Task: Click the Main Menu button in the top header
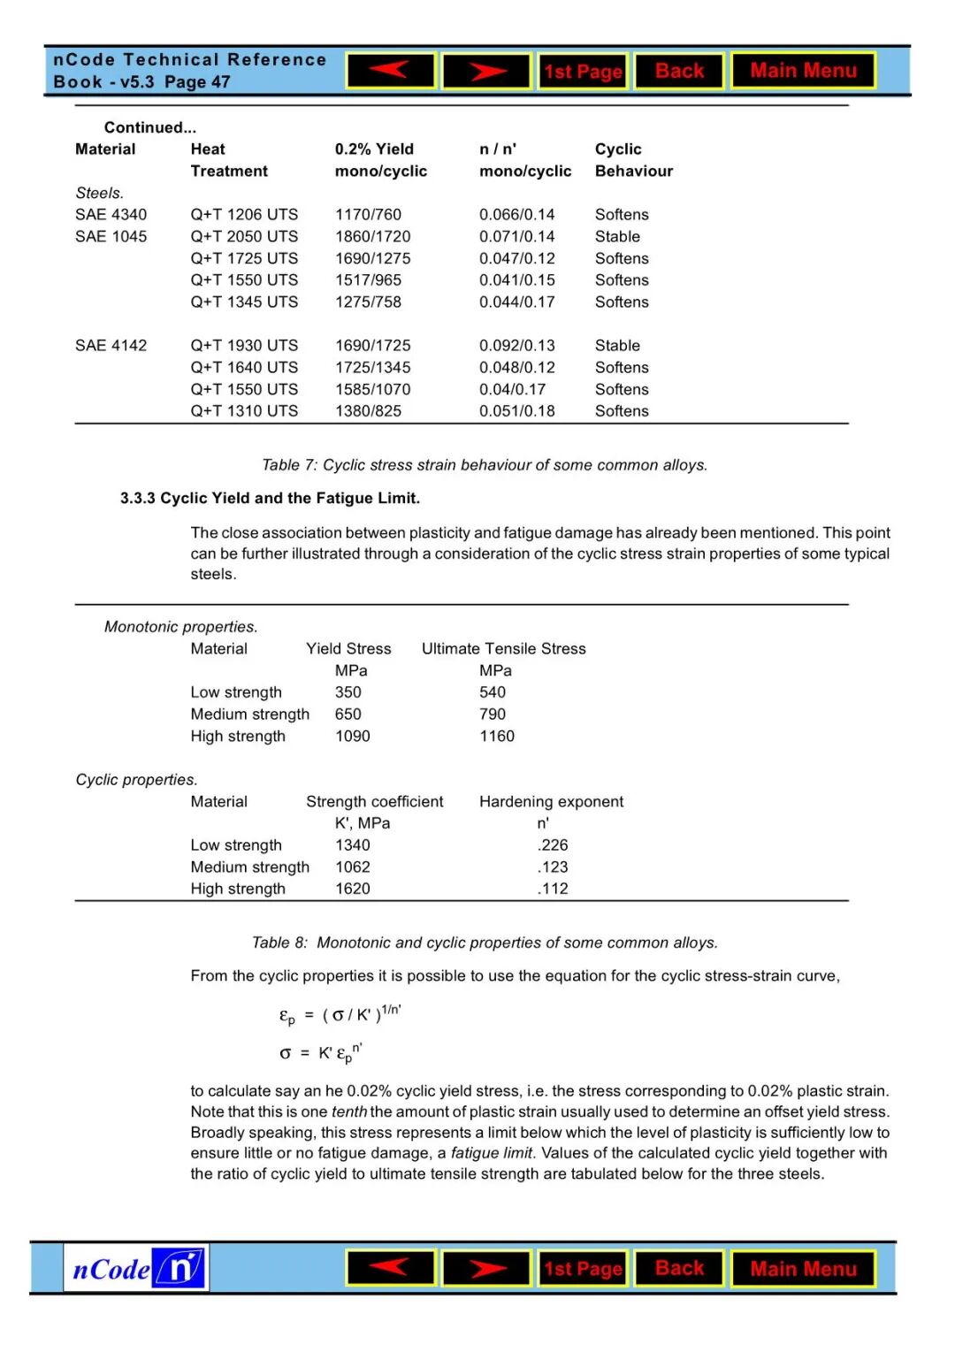[x=803, y=71]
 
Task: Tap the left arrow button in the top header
[x=391, y=71]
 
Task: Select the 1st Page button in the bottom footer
[x=583, y=1269]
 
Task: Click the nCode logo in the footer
[x=137, y=1269]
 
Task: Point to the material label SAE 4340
[x=111, y=215]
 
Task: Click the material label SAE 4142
[x=111, y=346]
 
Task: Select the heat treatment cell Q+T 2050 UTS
[x=244, y=237]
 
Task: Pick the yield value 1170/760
[x=368, y=215]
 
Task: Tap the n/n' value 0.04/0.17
[x=513, y=389]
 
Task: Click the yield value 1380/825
[x=368, y=411]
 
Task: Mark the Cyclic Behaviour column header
[x=633, y=160]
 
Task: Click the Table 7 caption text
[x=485, y=465]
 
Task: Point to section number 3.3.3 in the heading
[x=137, y=499]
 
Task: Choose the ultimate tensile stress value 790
[x=493, y=714]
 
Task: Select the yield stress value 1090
[x=352, y=737]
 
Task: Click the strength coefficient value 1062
[x=352, y=867]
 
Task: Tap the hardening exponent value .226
[x=553, y=845]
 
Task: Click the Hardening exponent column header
[x=551, y=802]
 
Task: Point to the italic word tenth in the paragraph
[x=349, y=1112]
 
